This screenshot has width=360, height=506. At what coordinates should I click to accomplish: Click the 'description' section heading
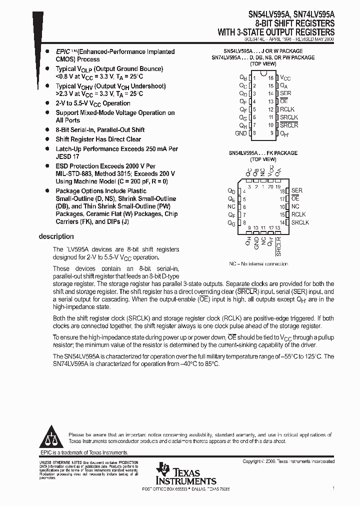coord(56,236)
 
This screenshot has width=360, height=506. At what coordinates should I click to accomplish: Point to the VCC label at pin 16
coord(285,78)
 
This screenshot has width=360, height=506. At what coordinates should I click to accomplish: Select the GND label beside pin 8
coord(240,133)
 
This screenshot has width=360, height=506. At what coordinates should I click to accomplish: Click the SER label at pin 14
coord(285,93)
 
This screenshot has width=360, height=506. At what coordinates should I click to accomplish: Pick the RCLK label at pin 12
coord(287,109)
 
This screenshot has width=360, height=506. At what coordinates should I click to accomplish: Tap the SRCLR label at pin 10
coord(288,125)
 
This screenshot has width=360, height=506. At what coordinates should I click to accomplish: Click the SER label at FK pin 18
coord(296,190)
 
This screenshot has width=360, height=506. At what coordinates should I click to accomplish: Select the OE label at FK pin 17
coord(295,198)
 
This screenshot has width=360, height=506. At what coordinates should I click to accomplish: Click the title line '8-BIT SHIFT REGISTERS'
coord(295,24)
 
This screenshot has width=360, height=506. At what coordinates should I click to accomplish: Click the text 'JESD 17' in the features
coord(67,156)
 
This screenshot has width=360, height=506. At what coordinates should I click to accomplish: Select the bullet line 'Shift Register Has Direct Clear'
coord(98,139)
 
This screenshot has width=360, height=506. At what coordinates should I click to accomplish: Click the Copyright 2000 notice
coord(291,461)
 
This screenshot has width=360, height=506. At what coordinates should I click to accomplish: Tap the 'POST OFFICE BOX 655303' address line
coord(170,488)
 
